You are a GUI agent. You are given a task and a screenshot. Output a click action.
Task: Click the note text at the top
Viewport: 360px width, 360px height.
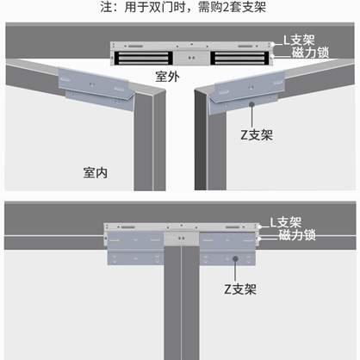coord(183,7)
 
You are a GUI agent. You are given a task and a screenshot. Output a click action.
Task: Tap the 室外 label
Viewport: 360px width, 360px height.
coord(168,77)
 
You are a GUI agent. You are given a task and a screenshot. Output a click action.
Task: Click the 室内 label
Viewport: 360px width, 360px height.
coord(96,172)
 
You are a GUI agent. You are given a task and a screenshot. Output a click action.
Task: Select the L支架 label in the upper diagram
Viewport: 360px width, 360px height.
coord(299,40)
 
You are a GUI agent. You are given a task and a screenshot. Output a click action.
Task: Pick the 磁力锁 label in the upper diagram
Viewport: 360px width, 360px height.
coord(310,53)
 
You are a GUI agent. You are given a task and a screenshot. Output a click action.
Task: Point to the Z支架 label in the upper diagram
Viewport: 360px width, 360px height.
coord(257,135)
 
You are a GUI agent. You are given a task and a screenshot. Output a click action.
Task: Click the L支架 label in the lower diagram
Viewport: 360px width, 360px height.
coord(286,222)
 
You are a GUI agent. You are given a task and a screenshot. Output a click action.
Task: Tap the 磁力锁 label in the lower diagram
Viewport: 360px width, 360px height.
coord(297,235)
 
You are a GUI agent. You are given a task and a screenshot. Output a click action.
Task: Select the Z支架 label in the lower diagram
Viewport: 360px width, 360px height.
coord(240,289)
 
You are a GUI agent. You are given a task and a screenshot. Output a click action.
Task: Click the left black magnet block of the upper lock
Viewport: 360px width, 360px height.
coord(144,58)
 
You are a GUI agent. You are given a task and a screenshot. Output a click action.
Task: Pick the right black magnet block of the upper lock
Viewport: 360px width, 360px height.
coord(239,58)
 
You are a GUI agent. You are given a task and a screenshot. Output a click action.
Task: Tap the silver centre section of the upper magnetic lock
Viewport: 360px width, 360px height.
coord(191,58)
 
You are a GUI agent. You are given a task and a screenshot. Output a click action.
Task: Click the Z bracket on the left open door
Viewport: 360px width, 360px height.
coord(96,88)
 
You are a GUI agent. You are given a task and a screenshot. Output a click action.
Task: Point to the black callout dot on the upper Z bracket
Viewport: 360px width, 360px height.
coord(251,104)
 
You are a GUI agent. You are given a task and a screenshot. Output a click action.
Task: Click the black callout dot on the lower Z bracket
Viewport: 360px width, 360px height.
coord(235,259)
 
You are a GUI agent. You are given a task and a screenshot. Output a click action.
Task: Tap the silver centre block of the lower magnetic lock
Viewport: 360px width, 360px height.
coord(182,239)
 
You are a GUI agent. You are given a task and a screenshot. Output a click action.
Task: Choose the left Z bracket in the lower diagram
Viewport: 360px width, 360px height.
coord(135,249)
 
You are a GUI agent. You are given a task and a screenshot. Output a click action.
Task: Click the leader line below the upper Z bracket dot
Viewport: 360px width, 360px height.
coord(251,117)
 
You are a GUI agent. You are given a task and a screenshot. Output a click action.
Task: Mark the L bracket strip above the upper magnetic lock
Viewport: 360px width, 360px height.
coord(191,46)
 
